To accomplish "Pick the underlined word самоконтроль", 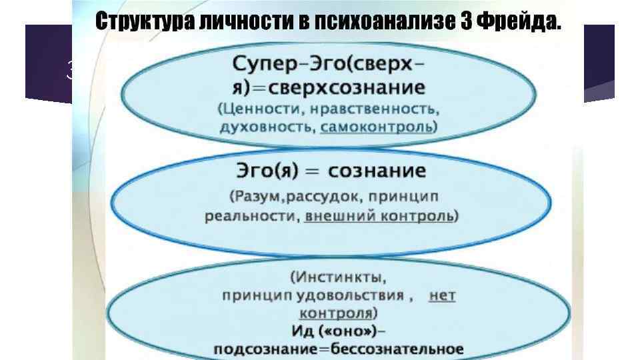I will coord(377,127).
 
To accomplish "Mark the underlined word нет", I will coord(442,295).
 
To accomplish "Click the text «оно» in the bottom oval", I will coord(348,331).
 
